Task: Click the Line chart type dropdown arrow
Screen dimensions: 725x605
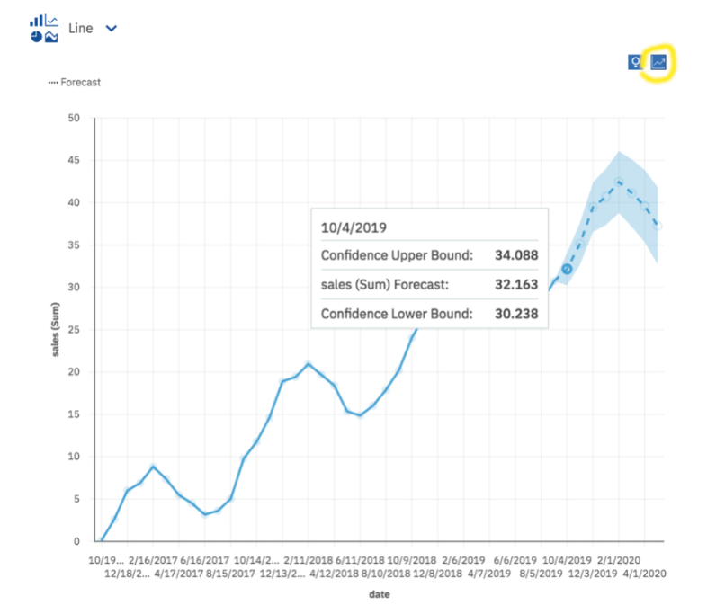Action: [x=111, y=29]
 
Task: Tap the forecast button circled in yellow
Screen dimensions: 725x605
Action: [x=658, y=62]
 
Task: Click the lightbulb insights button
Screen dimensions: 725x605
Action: [x=635, y=62]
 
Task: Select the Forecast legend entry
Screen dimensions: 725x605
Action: [x=75, y=83]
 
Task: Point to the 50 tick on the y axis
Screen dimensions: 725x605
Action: [x=74, y=118]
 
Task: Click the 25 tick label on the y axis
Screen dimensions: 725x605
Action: [x=74, y=330]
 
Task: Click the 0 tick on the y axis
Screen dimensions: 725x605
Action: [x=76, y=541]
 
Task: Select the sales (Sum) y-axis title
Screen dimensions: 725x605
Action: [x=56, y=330]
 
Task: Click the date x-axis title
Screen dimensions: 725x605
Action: [x=380, y=594]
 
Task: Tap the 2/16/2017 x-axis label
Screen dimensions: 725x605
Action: [x=153, y=560]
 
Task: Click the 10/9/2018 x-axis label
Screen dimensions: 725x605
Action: [x=411, y=560]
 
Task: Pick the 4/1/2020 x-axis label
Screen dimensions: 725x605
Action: [x=645, y=574]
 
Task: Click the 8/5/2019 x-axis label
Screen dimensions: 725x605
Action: [x=541, y=574]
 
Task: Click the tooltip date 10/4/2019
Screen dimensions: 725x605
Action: [x=354, y=227]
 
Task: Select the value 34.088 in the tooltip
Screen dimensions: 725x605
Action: [x=516, y=255]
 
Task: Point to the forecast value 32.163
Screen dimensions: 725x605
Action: [x=516, y=284]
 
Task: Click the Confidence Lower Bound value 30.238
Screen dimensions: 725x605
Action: [x=516, y=314]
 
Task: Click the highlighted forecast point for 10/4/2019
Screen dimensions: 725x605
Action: [x=567, y=269]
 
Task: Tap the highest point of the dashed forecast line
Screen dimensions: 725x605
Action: [x=619, y=182]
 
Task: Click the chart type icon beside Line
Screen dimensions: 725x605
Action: [x=44, y=29]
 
